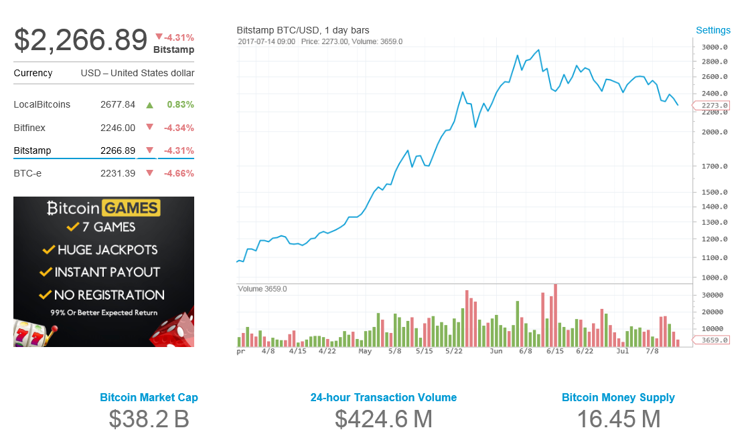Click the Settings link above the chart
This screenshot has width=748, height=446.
pyautogui.click(x=713, y=30)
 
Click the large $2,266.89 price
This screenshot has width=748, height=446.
pyautogui.click(x=80, y=39)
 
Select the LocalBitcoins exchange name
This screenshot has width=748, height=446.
pyautogui.click(x=42, y=104)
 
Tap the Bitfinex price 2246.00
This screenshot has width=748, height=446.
pyautogui.click(x=118, y=128)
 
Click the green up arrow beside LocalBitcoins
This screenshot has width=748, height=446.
pyautogui.click(x=149, y=105)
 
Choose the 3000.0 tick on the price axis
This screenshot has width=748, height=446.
pyautogui.click(x=715, y=47)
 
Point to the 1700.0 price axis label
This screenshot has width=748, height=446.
pyautogui.click(x=715, y=166)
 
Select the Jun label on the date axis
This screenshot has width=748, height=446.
pyautogui.click(x=496, y=350)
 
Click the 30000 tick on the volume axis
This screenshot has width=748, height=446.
pyautogui.click(x=712, y=295)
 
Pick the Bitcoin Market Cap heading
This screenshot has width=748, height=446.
pyautogui.click(x=149, y=397)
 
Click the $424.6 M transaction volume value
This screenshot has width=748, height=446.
pyautogui.click(x=383, y=419)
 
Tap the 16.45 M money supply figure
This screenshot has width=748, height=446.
pyautogui.click(x=618, y=419)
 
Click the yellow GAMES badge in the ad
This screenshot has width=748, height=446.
pyautogui.click(x=131, y=208)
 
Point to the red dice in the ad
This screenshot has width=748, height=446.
pyautogui.click(x=173, y=330)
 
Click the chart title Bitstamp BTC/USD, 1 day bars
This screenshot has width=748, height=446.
pyautogui.click(x=303, y=30)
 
